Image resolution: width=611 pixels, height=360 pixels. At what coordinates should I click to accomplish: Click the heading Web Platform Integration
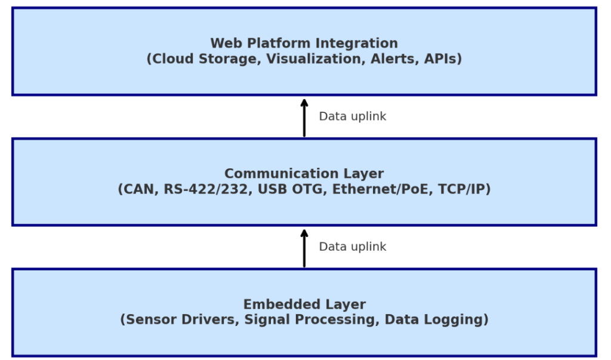[x=304, y=44]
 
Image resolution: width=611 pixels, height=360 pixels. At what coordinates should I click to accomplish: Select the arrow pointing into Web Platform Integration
[x=304, y=118]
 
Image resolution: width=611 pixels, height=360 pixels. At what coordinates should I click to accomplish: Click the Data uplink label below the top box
[x=352, y=116]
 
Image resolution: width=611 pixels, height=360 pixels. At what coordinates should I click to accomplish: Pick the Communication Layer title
[x=304, y=174]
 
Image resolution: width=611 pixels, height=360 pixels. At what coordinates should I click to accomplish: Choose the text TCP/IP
[x=462, y=189]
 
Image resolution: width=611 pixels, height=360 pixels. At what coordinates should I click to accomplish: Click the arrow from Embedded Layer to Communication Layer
[x=304, y=250]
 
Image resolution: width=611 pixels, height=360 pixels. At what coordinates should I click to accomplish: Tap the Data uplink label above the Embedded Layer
[x=352, y=247]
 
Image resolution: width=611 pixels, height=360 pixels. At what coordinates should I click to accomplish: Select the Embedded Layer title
[x=304, y=304]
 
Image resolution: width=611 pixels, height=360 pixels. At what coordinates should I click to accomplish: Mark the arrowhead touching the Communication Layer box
[x=304, y=233]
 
